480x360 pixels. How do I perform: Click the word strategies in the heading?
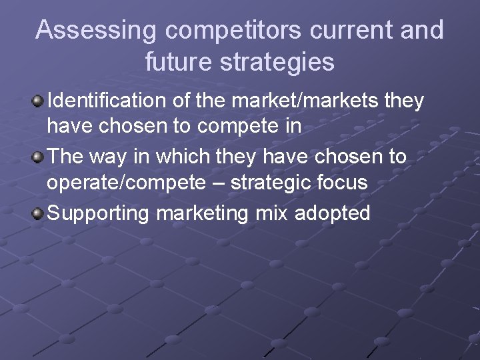click(x=280, y=62)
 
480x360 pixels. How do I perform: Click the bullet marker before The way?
click(x=39, y=158)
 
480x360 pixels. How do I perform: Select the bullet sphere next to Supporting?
click(x=39, y=214)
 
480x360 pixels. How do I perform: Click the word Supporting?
click(x=99, y=214)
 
